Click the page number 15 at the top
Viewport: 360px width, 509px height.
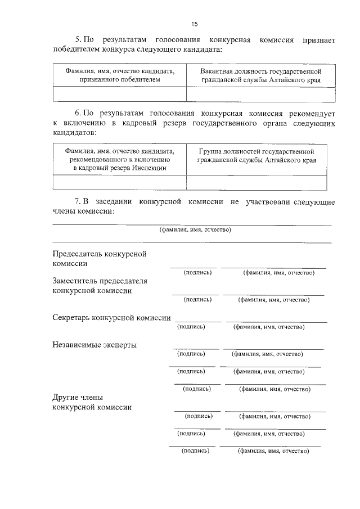(x=195, y=24)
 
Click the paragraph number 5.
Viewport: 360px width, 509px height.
(x=78, y=40)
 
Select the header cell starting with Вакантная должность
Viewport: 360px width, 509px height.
(x=260, y=76)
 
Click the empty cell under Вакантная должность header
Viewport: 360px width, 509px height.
(x=260, y=94)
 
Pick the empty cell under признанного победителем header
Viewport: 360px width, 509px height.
(x=119, y=94)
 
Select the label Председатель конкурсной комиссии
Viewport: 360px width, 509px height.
(x=100, y=259)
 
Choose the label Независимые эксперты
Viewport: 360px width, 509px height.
(x=94, y=345)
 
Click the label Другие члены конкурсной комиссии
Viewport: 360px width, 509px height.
(x=92, y=403)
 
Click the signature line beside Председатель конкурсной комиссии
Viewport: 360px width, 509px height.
(x=193, y=267)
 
